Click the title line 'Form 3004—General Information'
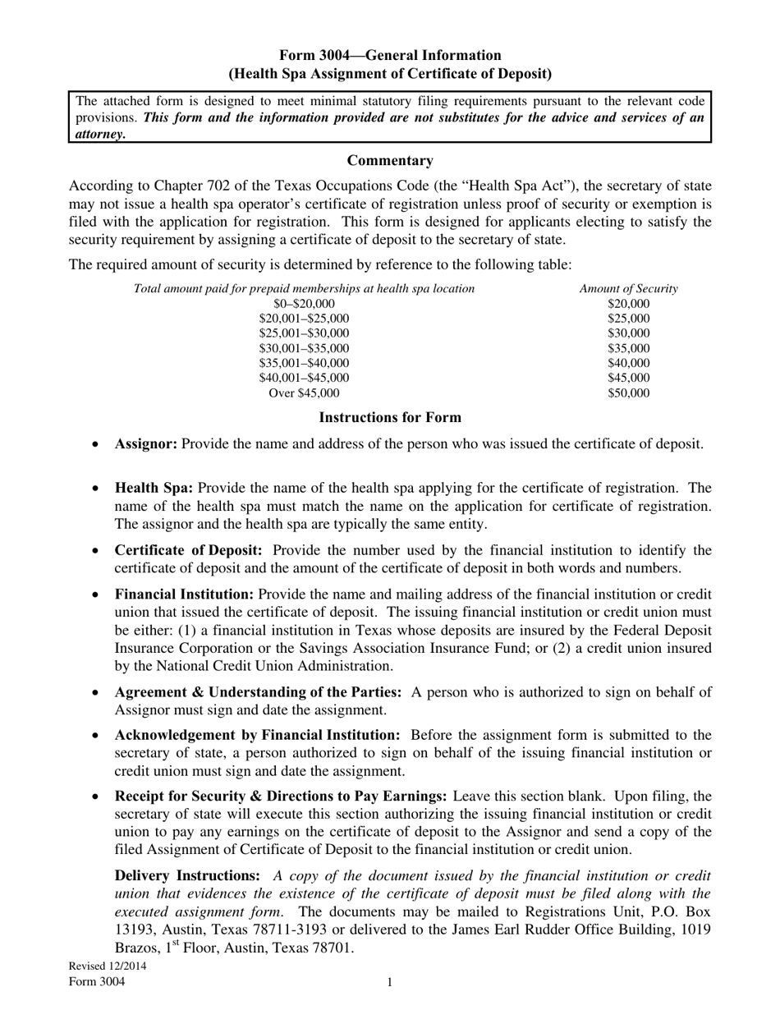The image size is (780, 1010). click(x=390, y=56)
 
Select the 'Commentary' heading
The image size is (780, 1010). click(x=390, y=160)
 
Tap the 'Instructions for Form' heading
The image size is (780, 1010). click(x=390, y=417)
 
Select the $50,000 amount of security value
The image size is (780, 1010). click(x=628, y=393)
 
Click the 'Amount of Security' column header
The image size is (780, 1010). click(x=628, y=288)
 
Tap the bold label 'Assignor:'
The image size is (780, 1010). click(x=146, y=443)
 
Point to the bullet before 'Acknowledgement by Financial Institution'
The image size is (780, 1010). click(x=96, y=736)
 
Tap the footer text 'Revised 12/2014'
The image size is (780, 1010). click(x=108, y=966)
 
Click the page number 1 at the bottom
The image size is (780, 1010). click(x=390, y=982)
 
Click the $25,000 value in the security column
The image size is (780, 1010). click(x=628, y=319)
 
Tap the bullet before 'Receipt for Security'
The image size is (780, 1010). click(x=96, y=797)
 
